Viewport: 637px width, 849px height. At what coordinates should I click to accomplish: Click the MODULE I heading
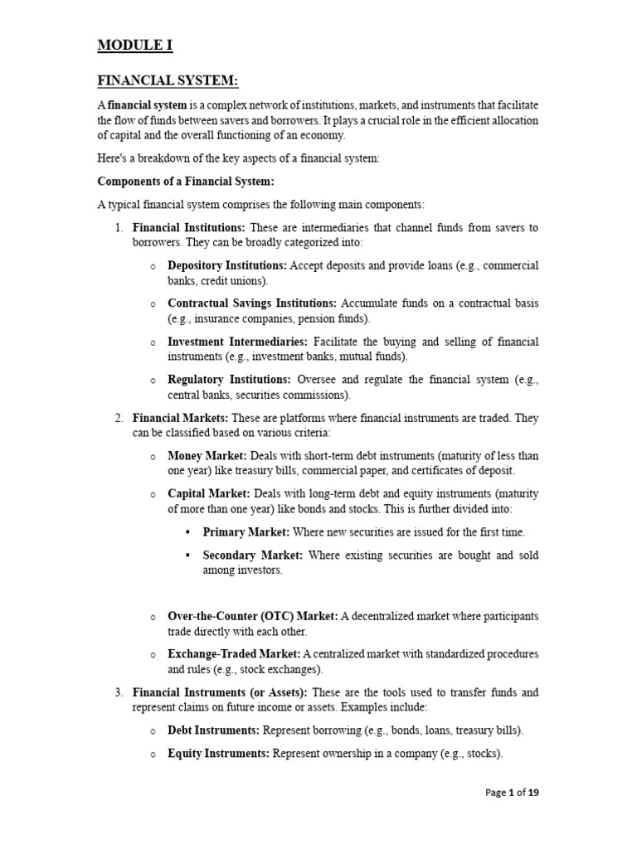(135, 45)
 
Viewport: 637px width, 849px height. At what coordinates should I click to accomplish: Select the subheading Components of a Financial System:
(186, 182)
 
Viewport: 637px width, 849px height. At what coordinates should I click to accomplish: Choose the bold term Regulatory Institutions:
(230, 380)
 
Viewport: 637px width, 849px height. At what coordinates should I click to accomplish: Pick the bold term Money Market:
(207, 456)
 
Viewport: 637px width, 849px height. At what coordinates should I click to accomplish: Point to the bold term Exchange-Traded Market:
(235, 654)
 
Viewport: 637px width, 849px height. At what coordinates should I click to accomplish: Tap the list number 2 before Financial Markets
(119, 418)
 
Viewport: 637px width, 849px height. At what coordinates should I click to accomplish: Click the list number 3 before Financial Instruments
(119, 692)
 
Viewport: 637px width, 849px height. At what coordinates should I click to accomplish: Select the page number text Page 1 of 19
(512, 793)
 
